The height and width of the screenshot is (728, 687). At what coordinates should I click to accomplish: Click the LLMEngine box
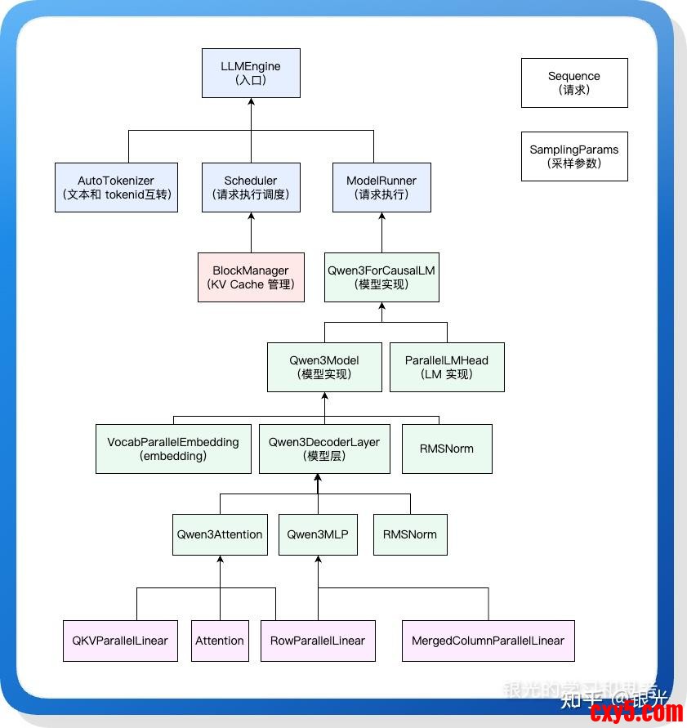pyautogui.click(x=251, y=73)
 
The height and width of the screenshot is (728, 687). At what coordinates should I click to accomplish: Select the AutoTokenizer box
pyautogui.click(x=116, y=188)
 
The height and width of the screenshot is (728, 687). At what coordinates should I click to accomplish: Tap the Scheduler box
pyautogui.click(x=251, y=188)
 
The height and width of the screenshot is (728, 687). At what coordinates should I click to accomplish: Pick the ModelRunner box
pyautogui.click(x=381, y=188)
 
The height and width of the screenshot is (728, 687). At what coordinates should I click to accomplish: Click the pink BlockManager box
pyautogui.click(x=251, y=277)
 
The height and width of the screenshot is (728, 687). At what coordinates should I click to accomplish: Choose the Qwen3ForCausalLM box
pyautogui.click(x=381, y=277)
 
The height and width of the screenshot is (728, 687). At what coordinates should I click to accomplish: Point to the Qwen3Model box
pyautogui.click(x=324, y=367)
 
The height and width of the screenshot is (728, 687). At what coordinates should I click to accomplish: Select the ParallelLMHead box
pyautogui.click(x=447, y=367)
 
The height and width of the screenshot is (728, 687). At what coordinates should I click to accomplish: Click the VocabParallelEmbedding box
pyautogui.click(x=173, y=449)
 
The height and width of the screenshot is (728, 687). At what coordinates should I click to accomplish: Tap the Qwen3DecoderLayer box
pyautogui.click(x=324, y=449)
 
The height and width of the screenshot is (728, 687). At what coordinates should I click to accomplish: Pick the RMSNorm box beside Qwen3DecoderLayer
pyautogui.click(x=447, y=449)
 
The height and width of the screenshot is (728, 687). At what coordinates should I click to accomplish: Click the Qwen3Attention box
pyautogui.click(x=220, y=534)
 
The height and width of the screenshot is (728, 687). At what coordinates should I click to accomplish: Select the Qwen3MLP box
pyautogui.click(x=318, y=534)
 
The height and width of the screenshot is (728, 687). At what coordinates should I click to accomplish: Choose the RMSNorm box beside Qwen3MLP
pyautogui.click(x=410, y=534)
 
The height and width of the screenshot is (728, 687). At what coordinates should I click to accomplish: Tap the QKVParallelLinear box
pyautogui.click(x=120, y=641)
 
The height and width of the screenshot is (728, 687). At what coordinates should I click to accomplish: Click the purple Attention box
pyautogui.click(x=220, y=641)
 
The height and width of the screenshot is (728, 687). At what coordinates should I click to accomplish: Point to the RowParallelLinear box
pyautogui.click(x=318, y=641)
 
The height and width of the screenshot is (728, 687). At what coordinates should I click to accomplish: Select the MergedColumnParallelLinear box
pyautogui.click(x=488, y=641)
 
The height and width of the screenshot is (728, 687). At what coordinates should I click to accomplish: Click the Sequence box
pyautogui.click(x=574, y=83)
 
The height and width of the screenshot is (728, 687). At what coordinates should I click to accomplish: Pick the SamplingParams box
pyautogui.click(x=574, y=156)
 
